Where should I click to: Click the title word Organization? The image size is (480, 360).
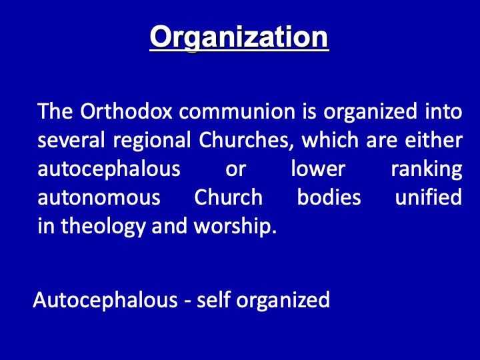pos(239,38)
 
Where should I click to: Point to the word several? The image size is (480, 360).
pos(71,140)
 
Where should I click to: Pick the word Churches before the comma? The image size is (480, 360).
pos(244,140)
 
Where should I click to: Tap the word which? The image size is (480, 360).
pos(330,139)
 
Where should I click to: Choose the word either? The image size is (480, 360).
pos(433,139)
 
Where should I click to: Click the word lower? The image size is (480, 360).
pos(318,169)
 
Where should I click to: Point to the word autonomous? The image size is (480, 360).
pos(99,197)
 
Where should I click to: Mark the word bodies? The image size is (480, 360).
pos(329,197)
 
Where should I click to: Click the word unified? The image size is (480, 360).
pos(429,197)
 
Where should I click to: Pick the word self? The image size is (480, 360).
pos(214,299)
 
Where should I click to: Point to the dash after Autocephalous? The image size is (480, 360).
pos(187,302)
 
